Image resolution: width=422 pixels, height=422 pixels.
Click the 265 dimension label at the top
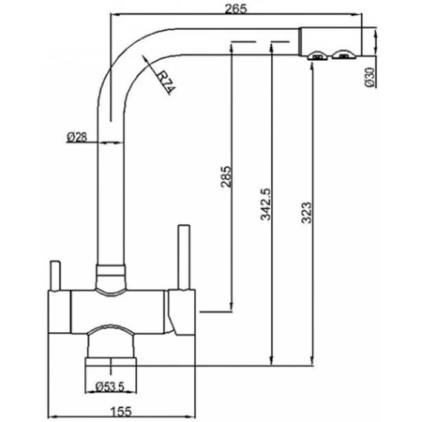(x=235, y=8)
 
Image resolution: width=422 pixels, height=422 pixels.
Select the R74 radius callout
(x=166, y=83)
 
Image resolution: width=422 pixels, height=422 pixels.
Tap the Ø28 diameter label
(x=77, y=137)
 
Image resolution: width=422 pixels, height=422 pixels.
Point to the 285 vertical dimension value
(x=227, y=176)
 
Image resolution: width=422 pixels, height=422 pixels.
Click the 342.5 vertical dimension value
(x=266, y=204)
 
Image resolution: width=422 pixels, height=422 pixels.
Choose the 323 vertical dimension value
(x=307, y=213)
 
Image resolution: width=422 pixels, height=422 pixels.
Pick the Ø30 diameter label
(x=369, y=77)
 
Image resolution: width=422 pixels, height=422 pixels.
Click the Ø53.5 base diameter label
(x=110, y=386)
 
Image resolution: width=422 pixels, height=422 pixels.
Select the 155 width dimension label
(x=121, y=412)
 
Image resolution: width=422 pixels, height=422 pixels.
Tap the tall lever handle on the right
(x=184, y=257)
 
